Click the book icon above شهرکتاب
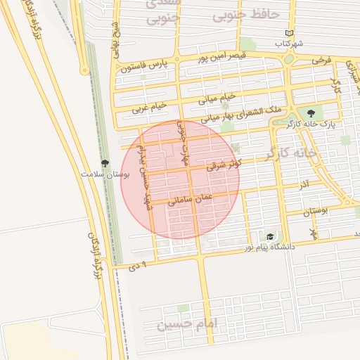(x=289, y=33)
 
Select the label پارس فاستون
(x=146, y=67)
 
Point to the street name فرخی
(x=321, y=61)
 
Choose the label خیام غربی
(x=150, y=108)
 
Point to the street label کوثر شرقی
(x=224, y=166)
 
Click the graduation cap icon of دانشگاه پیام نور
(x=271, y=237)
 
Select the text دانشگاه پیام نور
(x=270, y=247)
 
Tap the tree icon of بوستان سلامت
(x=104, y=163)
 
